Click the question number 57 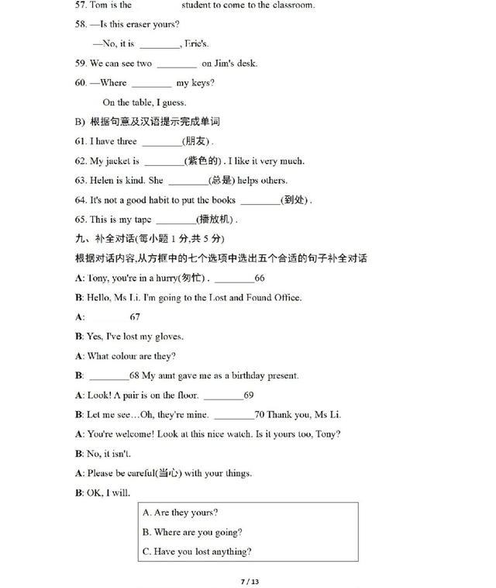point(80,5)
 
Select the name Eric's point(197,44)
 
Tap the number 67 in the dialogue point(135,317)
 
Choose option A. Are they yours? point(180,513)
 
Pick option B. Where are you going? point(192,532)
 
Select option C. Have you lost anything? point(197,552)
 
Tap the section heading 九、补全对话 point(104,238)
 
